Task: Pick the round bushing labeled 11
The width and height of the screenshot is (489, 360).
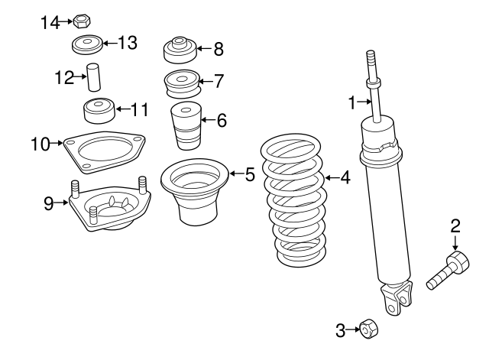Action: tap(98, 111)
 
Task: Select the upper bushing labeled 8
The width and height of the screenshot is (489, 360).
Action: tap(181, 51)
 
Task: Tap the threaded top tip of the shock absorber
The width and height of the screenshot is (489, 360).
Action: tap(372, 60)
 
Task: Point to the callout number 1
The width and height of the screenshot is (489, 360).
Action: tap(353, 102)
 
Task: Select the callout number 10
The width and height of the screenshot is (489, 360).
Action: tap(40, 143)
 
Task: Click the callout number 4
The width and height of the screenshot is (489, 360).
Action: tap(345, 178)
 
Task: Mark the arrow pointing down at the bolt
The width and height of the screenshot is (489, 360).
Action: tap(455, 244)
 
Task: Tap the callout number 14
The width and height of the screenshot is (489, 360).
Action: tap(50, 22)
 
